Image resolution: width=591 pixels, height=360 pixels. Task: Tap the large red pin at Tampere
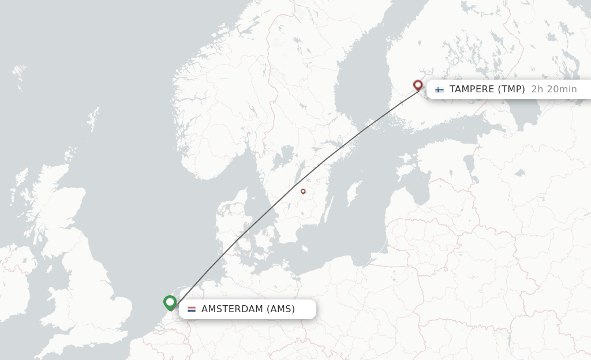[x=418, y=85]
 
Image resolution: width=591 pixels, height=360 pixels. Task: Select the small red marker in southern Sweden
[x=303, y=191]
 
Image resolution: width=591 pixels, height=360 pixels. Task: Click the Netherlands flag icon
[x=192, y=309]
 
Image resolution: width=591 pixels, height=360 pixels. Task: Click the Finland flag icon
[x=440, y=89]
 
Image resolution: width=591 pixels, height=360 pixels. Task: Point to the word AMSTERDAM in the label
[x=232, y=309]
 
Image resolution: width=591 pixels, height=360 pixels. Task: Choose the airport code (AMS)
[x=280, y=309]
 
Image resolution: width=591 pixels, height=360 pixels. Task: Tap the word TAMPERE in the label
[x=472, y=89]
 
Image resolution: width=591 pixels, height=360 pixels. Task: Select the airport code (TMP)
[x=511, y=89]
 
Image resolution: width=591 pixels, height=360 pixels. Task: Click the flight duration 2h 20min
[x=554, y=89]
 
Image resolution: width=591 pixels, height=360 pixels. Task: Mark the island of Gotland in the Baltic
[x=353, y=193]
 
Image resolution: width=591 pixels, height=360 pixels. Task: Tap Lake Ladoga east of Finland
[x=526, y=115]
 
